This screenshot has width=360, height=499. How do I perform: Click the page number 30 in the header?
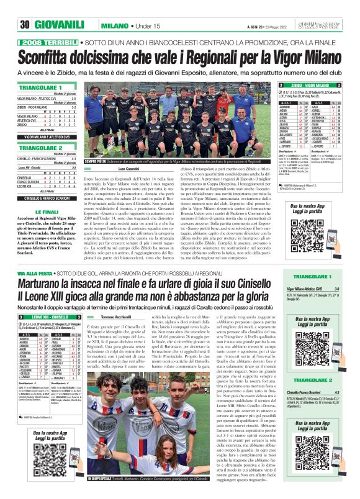click(25, 25)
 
